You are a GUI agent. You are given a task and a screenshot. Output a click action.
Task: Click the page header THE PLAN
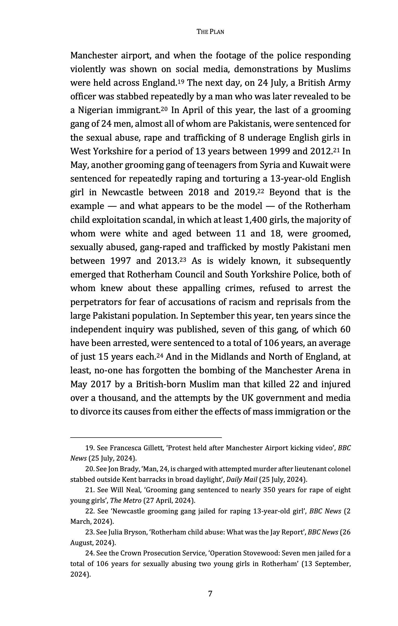click(x=210, y=32)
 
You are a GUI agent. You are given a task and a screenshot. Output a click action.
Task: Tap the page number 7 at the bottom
click(x=210, y=594)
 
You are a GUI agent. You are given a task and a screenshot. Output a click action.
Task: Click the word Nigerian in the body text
click(x=95, y=110)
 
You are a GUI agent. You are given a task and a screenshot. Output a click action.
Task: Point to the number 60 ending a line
click(x=345, y=329)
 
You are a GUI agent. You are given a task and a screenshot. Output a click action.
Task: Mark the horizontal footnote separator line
click(x=146, y=438)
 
